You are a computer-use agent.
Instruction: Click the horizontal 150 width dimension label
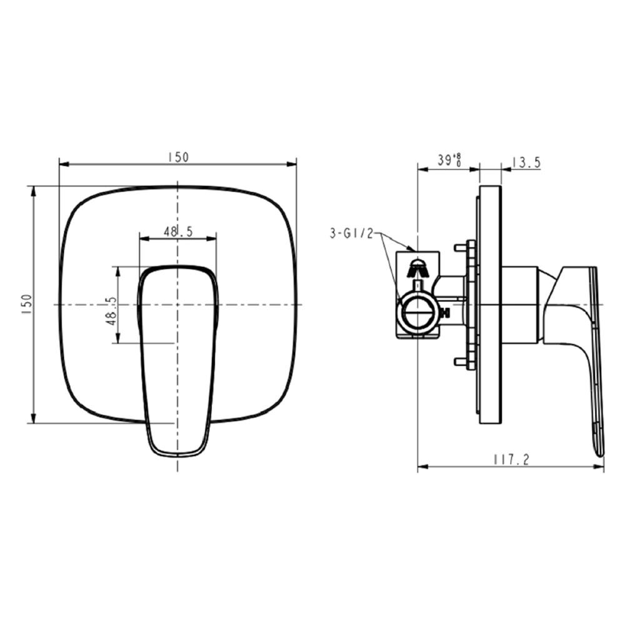tap(177, 157)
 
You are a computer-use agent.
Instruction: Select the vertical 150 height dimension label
tap(26, 304)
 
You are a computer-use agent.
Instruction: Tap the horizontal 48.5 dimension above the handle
tap(178, 231)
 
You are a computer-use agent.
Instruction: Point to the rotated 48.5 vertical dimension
tap(111, 309)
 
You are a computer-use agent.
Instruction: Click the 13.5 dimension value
tap(526, 162)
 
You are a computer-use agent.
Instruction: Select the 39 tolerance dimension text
tap(449, 160)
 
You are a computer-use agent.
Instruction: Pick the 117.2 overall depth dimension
tap(511, 459)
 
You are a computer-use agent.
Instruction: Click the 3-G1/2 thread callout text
tap(351, 234)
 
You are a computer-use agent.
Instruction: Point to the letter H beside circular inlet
tap(445, 313)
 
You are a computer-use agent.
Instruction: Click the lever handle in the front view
tap(178, 350)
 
